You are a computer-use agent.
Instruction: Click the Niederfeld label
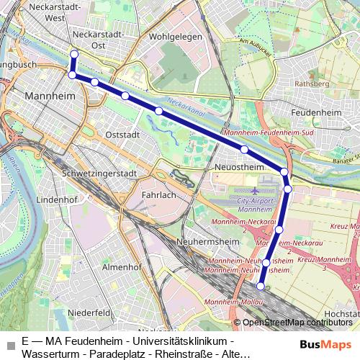tap(89, 312)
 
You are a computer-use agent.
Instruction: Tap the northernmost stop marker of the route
tap(74, 54)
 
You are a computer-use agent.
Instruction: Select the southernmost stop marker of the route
tap(261, 287)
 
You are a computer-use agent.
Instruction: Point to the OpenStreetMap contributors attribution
tap(296, 323)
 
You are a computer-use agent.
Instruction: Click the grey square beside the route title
tap(10, 346)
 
